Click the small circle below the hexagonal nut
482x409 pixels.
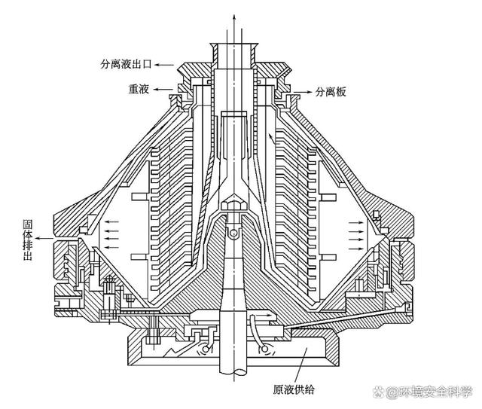[x=233, y=235]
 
